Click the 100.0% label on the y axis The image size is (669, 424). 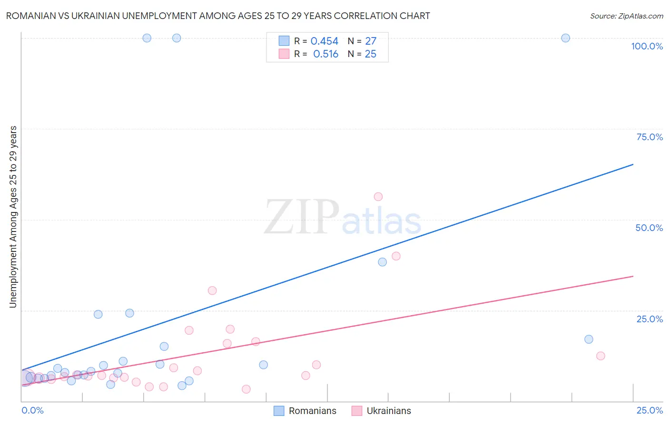(647, 46)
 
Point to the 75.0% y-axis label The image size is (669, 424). (649, 137)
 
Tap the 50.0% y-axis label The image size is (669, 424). (649, 228)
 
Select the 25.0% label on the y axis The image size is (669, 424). (649, 319)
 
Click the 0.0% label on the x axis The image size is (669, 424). (32, 410)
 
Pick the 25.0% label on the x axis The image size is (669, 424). (649, 410)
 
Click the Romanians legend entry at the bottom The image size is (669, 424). (312, 411)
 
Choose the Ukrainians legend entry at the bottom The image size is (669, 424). (389, 411)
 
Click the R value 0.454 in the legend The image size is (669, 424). (324, 41)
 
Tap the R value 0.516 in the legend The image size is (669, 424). (325, 54)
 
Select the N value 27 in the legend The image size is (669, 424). (370, 41)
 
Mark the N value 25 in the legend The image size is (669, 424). (370, 54)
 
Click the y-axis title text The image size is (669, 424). (13, 217)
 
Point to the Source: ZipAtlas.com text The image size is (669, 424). (626, 16)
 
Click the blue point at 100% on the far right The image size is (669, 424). (565, 38)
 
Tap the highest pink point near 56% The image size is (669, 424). (378, 197)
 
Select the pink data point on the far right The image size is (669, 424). (600, 356)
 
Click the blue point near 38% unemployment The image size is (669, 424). (382, 262)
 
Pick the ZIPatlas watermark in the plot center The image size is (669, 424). (343, 218)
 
